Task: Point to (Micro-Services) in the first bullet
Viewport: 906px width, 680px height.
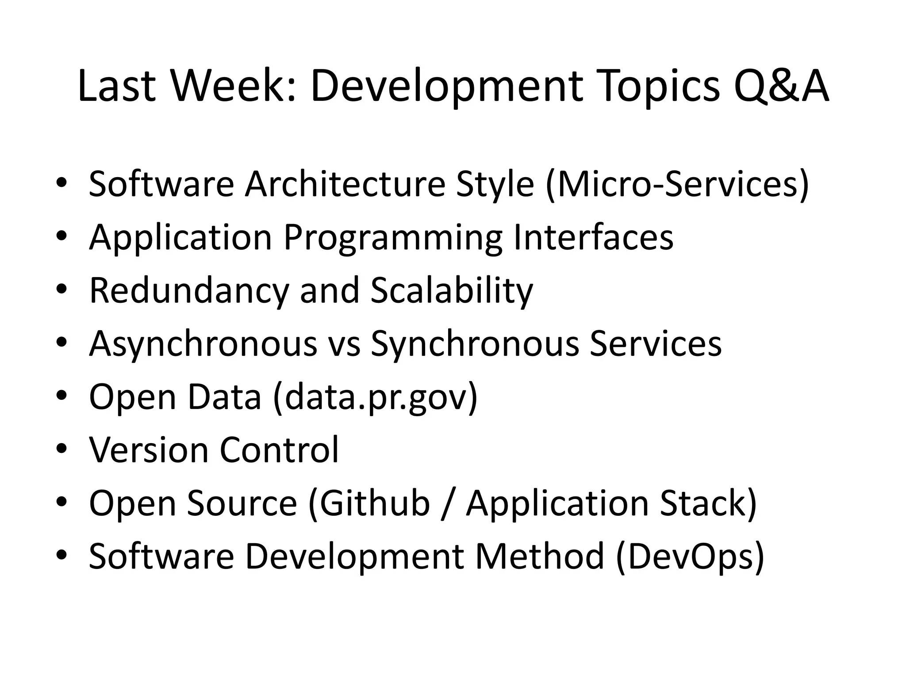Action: tap(677, 184)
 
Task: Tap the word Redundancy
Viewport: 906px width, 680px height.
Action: tap(188, 291)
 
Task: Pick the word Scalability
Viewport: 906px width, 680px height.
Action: tap(452, 291)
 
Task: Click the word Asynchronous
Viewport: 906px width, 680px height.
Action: tap(203, 344)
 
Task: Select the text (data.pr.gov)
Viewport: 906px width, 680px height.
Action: tap(376, 397)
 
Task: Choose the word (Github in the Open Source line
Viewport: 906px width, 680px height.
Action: tap(369, 503)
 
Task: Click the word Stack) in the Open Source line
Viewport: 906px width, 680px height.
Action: tap(708, 503)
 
